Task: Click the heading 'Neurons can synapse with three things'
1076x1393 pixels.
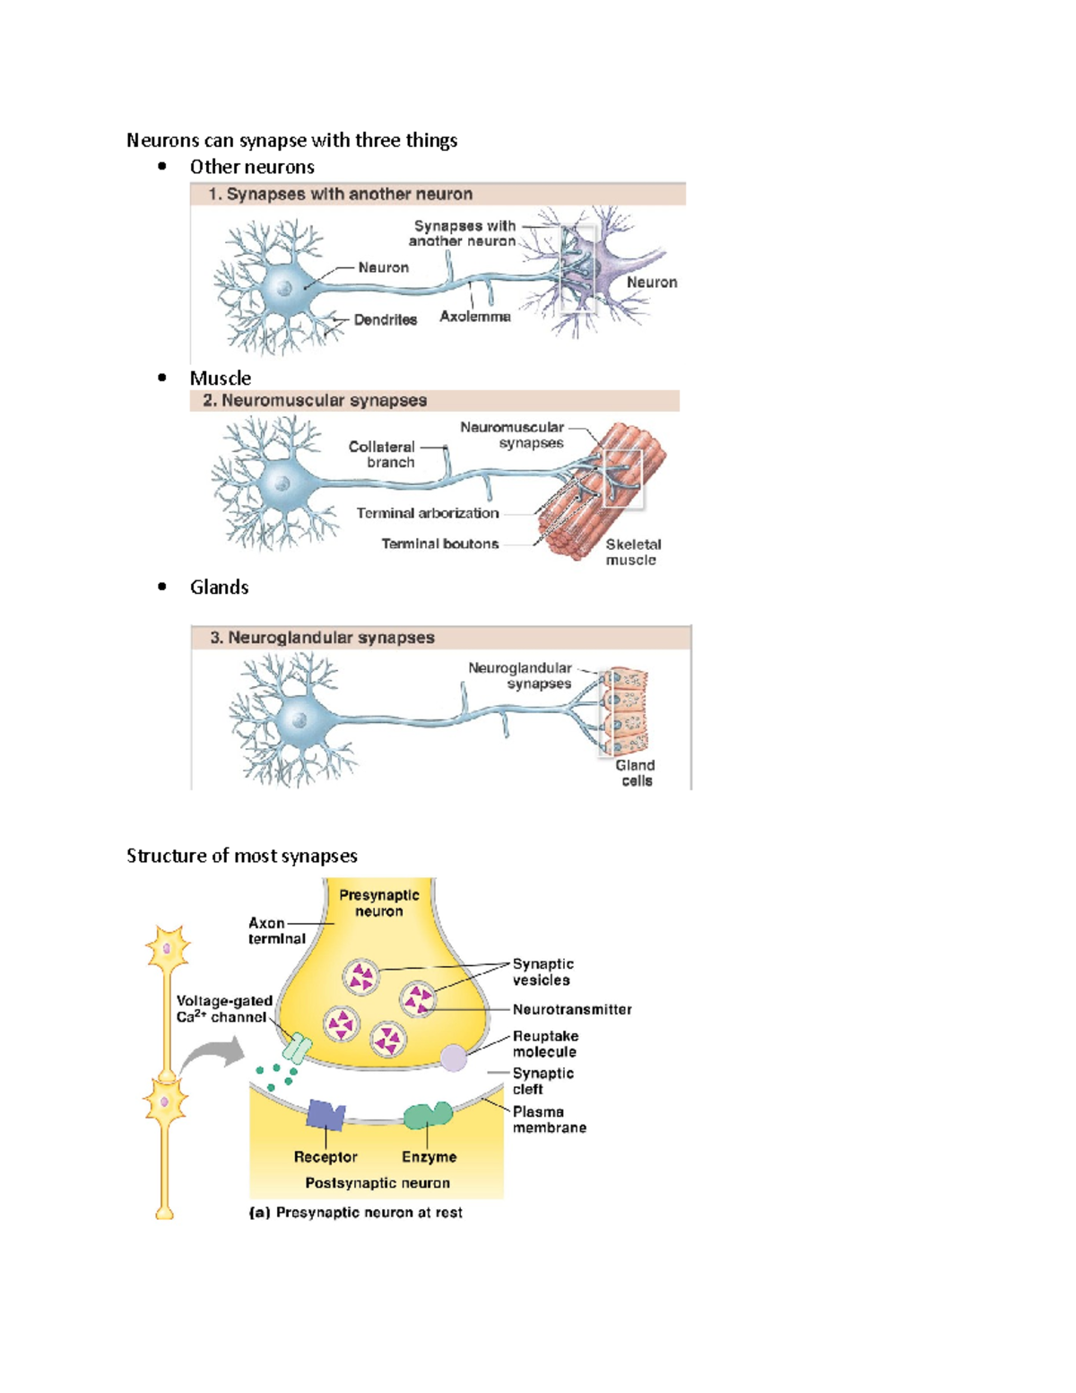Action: tap(291, 140)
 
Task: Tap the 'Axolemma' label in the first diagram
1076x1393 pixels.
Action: tap(474, 317)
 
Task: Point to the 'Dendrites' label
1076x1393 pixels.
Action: tap(385, 319)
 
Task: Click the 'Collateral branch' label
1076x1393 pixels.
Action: tap(382, 454)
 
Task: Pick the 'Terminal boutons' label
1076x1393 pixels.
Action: tap(439, 544)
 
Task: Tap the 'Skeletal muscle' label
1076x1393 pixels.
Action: tap(632, 552)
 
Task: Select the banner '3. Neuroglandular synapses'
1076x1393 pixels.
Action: tap(322, 637)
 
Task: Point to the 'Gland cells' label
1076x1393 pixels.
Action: tap(635, 772)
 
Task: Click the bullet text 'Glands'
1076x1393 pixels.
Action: tap(219, 587)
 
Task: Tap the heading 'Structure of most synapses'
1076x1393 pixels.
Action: tap(241, 856)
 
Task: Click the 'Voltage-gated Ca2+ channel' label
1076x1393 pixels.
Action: tap(223, 1008)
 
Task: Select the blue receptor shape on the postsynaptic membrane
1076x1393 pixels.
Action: tap(325, 1115)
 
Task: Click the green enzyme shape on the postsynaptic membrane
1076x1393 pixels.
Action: tap(427, 1115)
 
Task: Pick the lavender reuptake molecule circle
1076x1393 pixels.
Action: tap(454, 1058)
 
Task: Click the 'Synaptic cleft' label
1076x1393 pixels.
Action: tap(542, 1081)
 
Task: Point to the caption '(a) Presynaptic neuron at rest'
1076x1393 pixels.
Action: tap(355, 1212)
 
